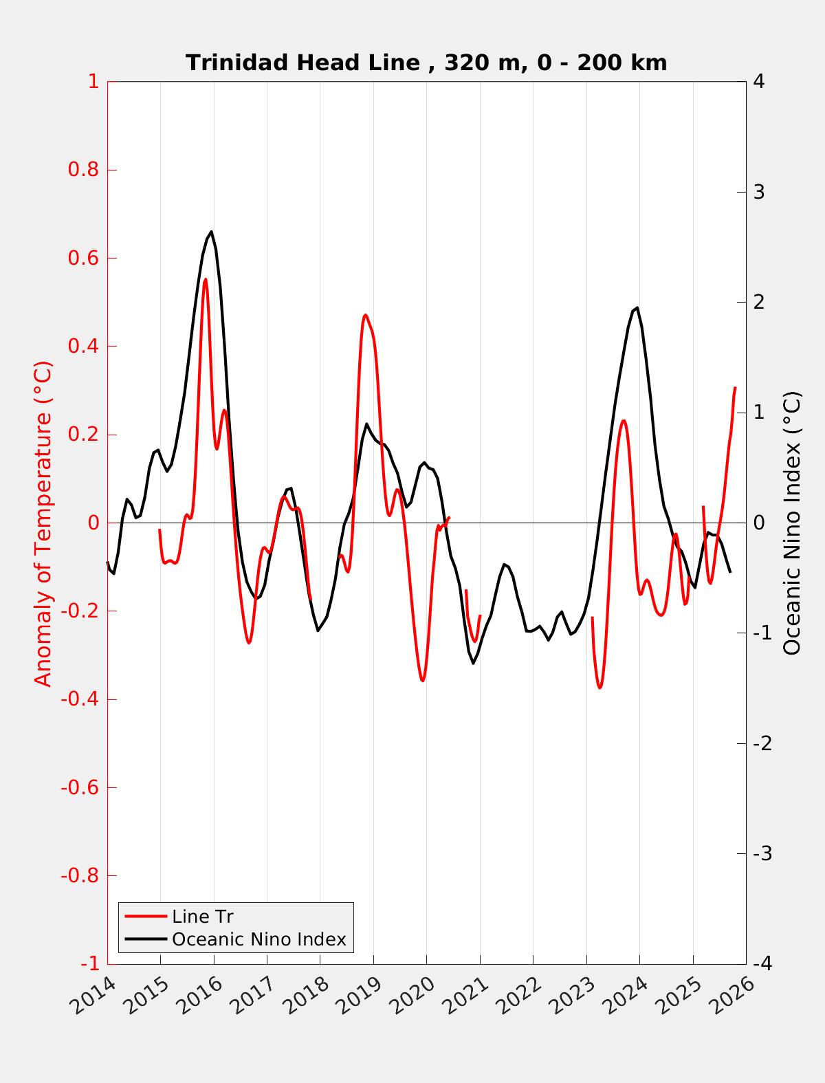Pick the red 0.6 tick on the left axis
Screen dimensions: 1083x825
83,258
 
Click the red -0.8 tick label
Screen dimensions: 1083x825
80,876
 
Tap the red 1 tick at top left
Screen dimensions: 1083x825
93,82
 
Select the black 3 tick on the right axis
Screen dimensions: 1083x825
759,192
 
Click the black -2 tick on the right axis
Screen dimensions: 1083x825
762,743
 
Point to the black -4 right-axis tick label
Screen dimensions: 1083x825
762,964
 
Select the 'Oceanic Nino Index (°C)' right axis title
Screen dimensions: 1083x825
793,523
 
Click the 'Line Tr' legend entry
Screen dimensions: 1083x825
203,917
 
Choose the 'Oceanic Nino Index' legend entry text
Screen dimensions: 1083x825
258,939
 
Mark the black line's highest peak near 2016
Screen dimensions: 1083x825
211,232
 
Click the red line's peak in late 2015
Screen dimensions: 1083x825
205,279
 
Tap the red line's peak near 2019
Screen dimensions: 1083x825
365,315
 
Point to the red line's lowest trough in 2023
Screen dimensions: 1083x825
599,688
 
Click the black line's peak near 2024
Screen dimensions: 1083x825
637,308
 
